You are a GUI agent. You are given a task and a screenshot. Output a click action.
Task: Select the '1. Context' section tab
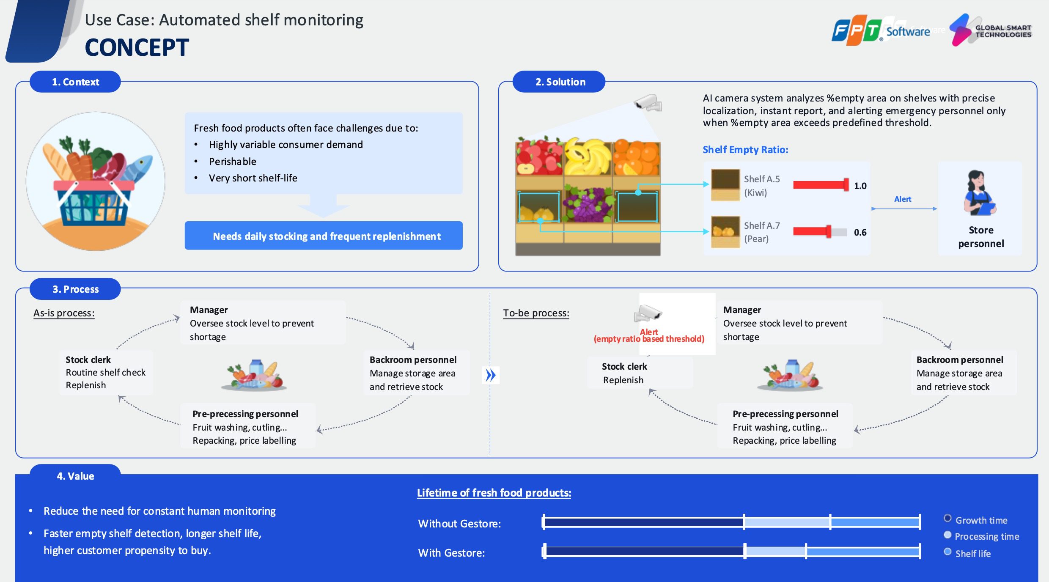click(75, 82)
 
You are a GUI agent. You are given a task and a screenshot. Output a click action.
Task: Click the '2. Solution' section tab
click(560, 82)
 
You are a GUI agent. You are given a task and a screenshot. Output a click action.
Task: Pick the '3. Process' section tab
click(75, 289)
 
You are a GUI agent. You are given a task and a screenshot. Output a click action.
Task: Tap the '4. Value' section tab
click(75, 476)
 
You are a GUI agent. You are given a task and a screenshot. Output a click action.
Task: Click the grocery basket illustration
click(96, 182)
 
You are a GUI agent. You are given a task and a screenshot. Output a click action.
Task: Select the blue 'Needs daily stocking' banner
click(324, 236)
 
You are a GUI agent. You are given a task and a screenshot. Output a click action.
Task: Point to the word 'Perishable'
click(233, 162)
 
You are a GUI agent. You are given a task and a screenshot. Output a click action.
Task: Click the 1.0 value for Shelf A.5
click(860, 186)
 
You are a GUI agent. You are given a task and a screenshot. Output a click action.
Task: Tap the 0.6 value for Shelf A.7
click(860, 233)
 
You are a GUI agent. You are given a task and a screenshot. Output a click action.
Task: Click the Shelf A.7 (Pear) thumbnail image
click(725, 231)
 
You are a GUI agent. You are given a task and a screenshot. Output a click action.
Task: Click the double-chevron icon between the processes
click(491, 375)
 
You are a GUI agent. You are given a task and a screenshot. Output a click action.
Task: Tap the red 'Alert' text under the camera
click(649, 332)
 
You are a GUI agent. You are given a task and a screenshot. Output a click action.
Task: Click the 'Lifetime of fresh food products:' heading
click(494, 493)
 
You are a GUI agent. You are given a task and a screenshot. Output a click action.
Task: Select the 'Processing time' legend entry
click(986, 536)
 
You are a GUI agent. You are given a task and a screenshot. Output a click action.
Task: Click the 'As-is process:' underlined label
click(64, 313)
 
